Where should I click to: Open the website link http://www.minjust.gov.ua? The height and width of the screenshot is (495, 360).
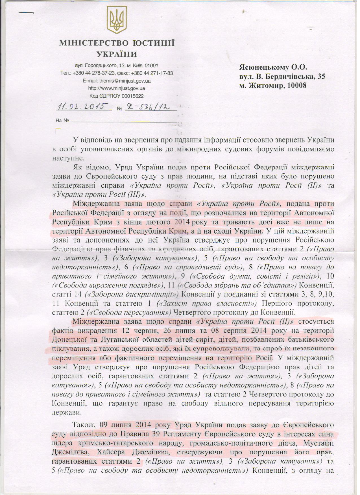coord(117,88)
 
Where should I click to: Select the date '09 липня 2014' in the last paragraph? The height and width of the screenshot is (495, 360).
coord(126,425)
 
